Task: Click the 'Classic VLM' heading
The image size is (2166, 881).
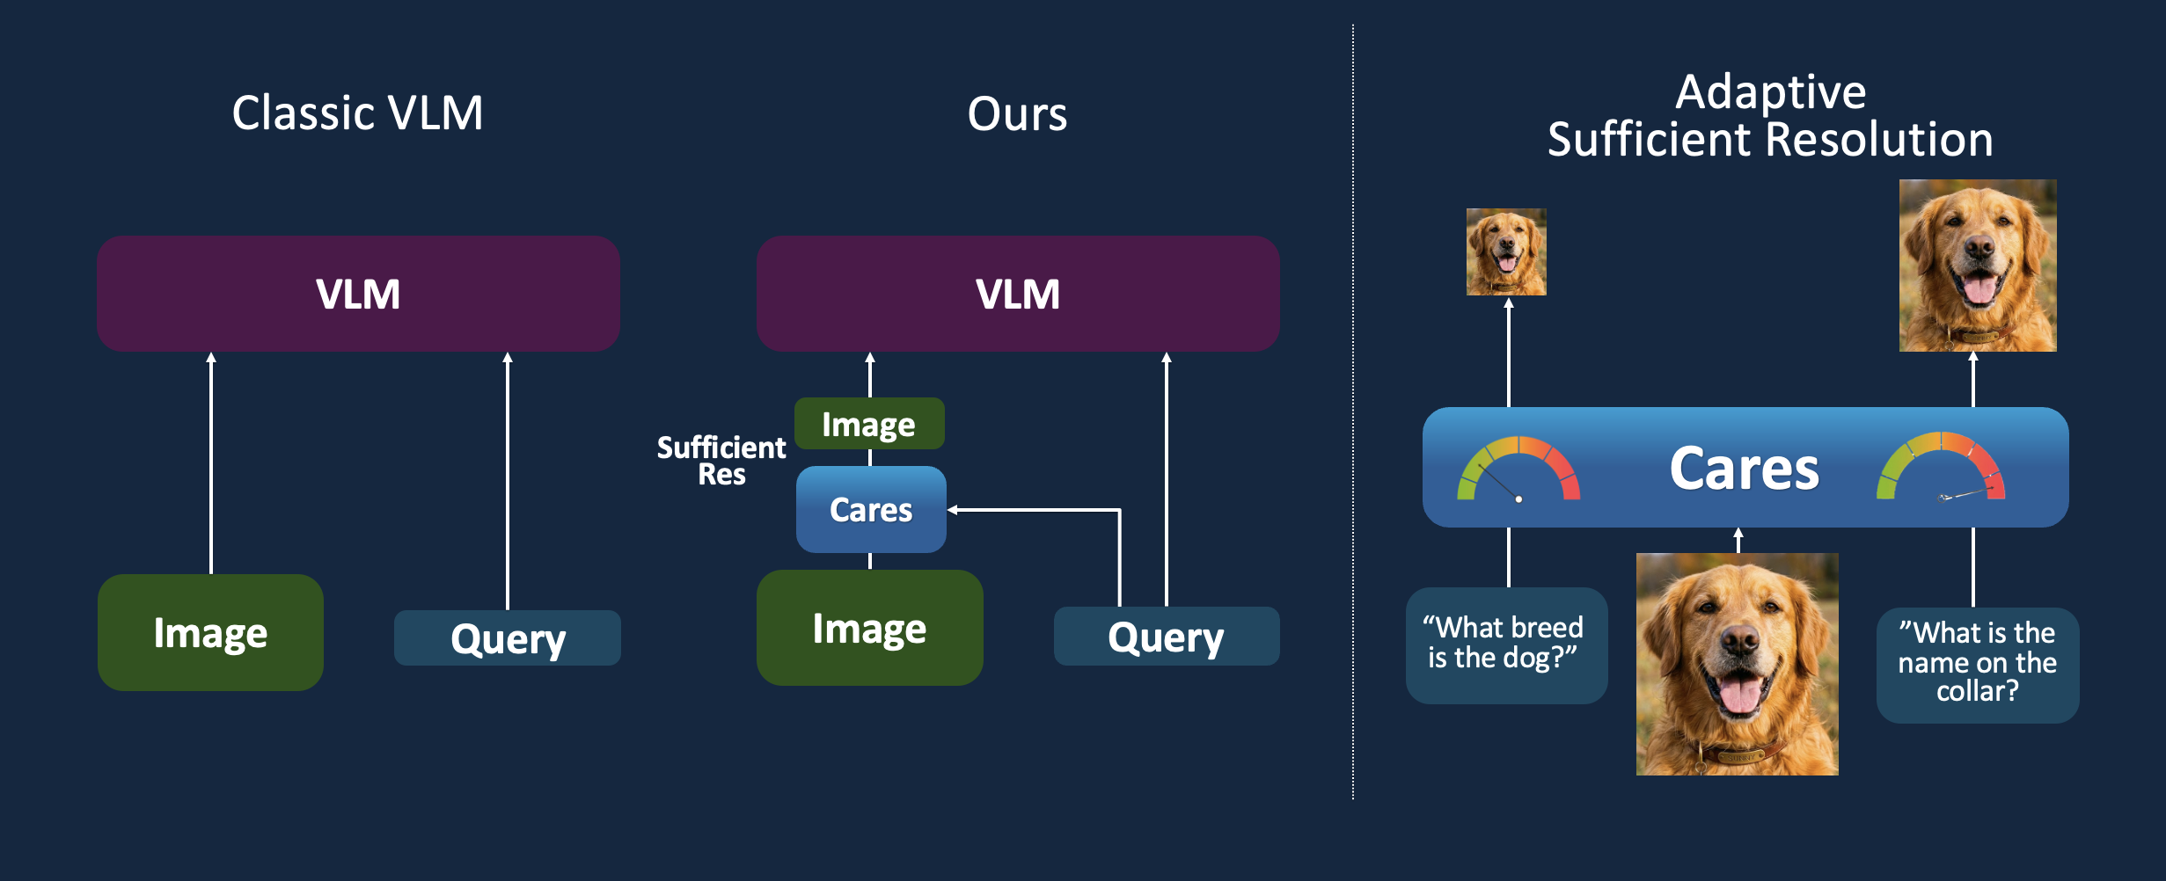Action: (357, 113)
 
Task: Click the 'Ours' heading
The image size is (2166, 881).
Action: (1017, 114)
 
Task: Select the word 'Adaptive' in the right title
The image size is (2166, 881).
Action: (1770, 91)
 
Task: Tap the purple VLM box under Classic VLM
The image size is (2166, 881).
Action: (358, 294)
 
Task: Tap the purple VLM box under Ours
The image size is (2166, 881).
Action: (1018, 294)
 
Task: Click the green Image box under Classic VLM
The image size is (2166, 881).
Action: (210, 633)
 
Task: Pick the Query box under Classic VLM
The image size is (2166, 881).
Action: (508, 638)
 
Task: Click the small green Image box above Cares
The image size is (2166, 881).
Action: (869, 425)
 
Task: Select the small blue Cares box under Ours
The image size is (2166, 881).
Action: (871, 510)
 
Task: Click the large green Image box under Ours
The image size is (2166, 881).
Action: (869, 629)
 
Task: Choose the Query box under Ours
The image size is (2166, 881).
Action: (1166, 637)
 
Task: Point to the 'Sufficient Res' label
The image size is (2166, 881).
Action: (721, 461)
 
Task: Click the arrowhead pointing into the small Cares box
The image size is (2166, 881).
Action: (953, 510)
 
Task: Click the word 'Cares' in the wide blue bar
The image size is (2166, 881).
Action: (1744, 469)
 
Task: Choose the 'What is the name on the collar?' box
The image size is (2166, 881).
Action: (1977, 664)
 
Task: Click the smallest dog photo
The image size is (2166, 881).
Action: (1506, 251)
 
